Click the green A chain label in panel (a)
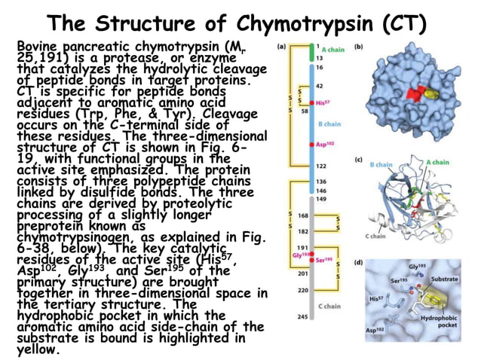tap(333, 50)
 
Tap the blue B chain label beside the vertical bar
tap(329, 122)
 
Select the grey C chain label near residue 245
tap(329, 306)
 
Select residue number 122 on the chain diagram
tap(320, 165)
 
